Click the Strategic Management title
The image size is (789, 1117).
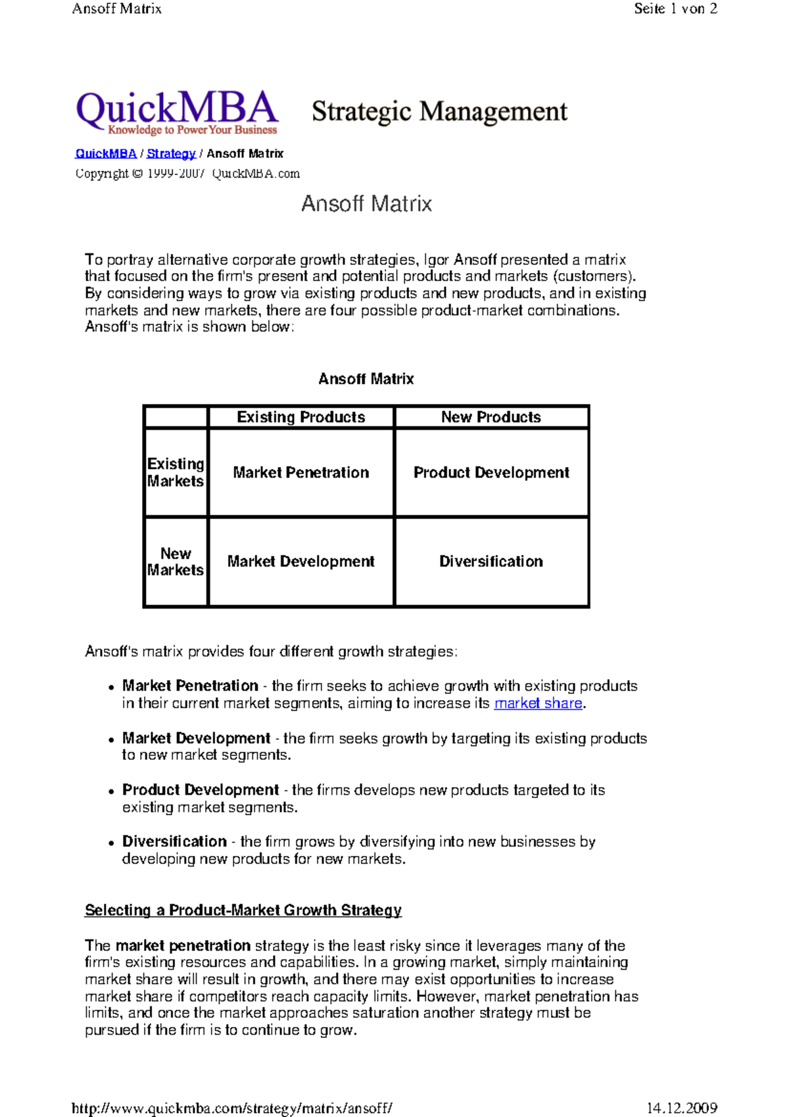tap(439, 111)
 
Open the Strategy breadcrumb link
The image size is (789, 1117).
tap(171, 154)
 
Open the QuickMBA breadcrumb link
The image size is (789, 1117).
tap(106, 154)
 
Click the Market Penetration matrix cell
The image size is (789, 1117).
tap(301, 472)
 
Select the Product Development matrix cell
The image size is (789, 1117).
tap(491, 472)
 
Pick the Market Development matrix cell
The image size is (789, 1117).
tap(301, 561)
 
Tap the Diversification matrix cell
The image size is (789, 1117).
tap(491, 561)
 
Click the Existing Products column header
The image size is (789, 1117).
tap(301, 417)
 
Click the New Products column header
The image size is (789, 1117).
tap(491, 417)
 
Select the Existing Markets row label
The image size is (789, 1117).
tap(176, 472)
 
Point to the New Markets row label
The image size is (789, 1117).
tap(176, 561)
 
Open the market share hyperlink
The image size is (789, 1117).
tap(538, 703)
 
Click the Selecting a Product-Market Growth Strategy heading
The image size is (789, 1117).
tap(243, 910)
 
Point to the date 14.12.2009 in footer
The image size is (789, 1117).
tap(682, 1108)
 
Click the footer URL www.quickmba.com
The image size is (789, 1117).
tap(232, 1108)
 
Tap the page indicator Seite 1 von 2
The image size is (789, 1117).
tap(675, 9)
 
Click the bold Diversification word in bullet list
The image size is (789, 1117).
tap(174, 841)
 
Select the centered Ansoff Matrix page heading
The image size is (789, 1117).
tap(366, 204)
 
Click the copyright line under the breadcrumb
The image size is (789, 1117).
tap(187, 174)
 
